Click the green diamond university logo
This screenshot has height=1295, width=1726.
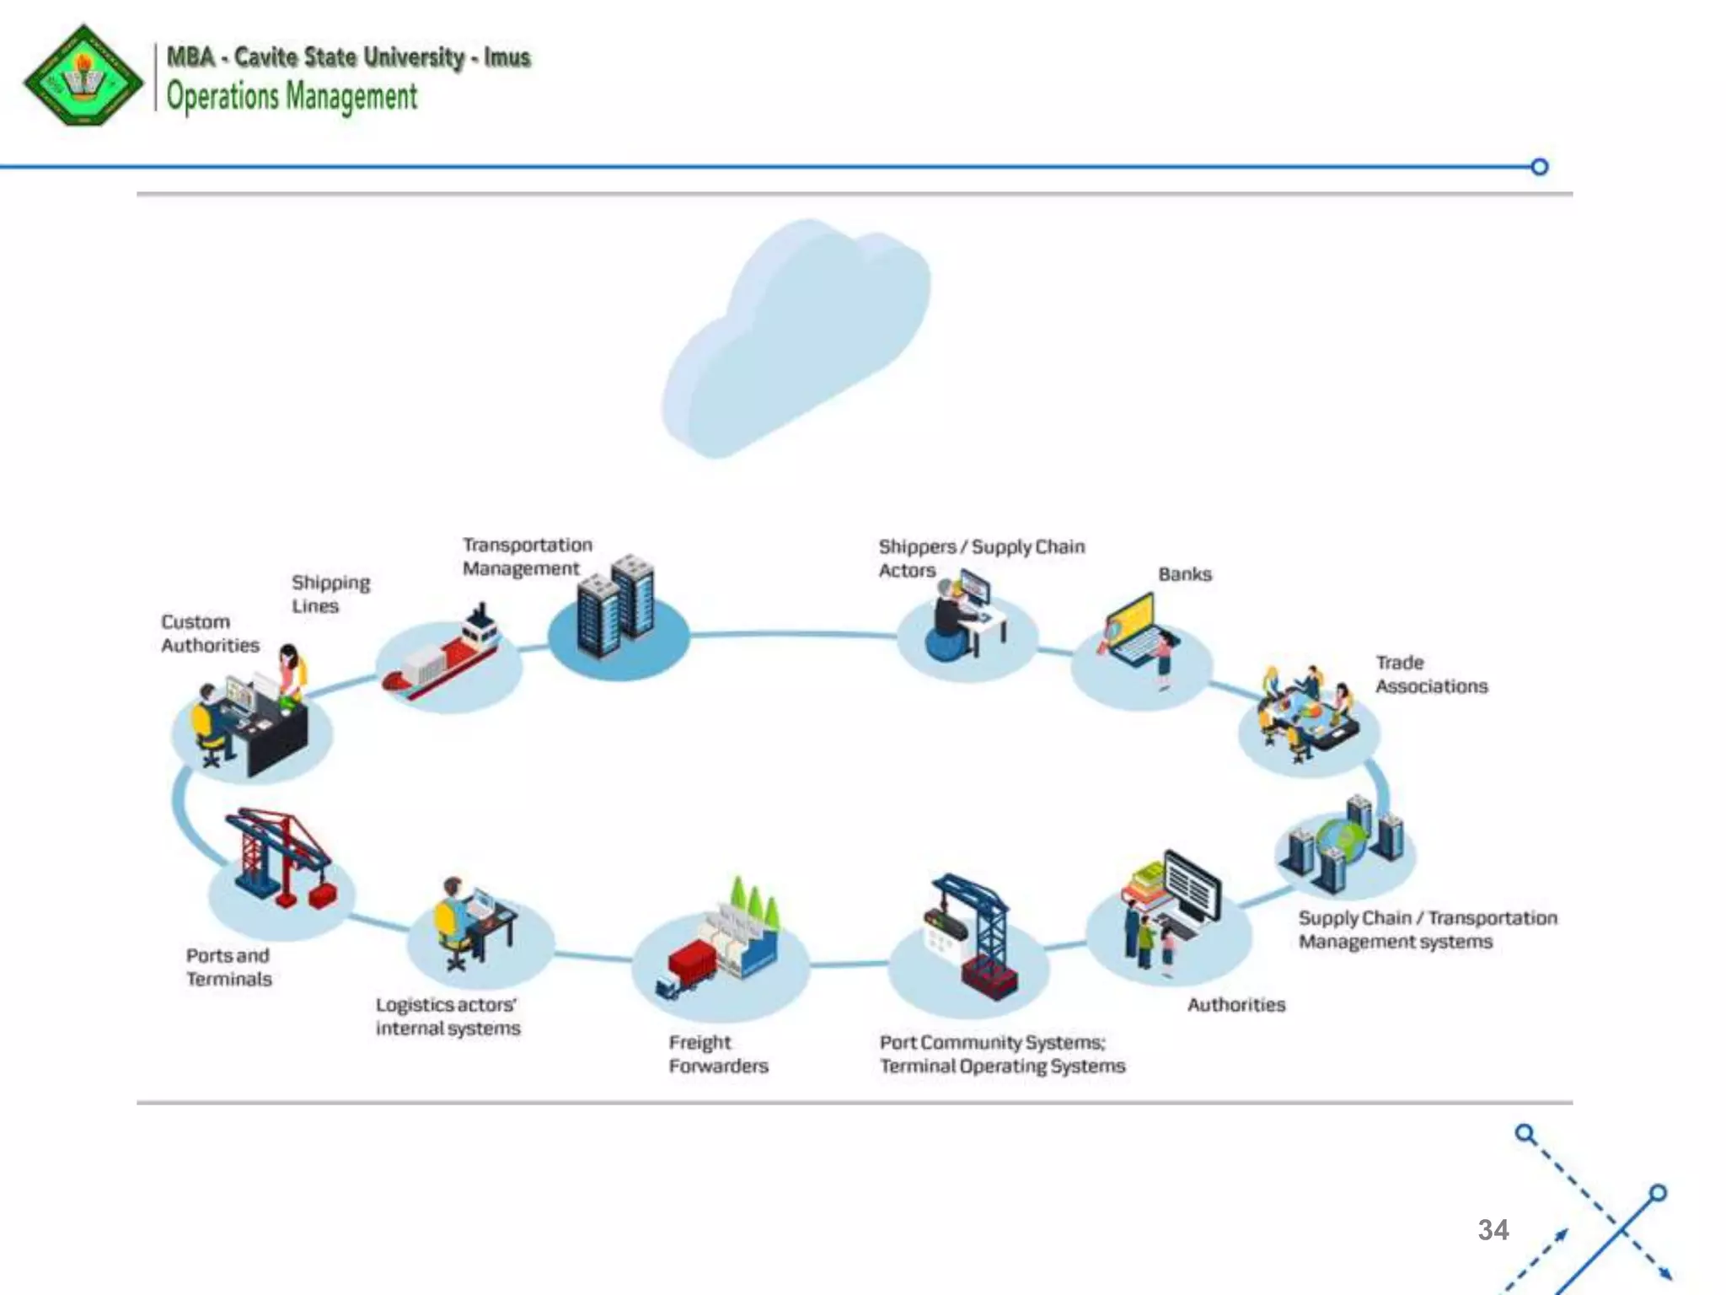(x=83, y=76)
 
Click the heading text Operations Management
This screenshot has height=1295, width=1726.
(x=292, y=96)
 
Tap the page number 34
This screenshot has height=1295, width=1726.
(x=1493, y=1229)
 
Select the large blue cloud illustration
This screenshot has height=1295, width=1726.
(x=796, y=337)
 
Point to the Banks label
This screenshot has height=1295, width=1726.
(x=1184, y=574)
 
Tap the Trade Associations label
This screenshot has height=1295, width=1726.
(x=1431, y=674)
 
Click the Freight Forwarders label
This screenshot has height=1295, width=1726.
(x=718, y=1054)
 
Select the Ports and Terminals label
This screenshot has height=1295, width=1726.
(x=228, y=967)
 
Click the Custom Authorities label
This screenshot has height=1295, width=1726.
(x=210, y=633)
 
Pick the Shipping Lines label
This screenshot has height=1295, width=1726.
(x=330, y=594)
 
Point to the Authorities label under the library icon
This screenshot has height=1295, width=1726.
(x=1236, y=1004)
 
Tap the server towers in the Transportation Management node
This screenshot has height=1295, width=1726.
(x=616, y=605)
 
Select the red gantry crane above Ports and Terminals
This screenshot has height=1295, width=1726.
(x=278, y=856)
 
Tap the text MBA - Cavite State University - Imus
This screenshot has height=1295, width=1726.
(x=348, y=57)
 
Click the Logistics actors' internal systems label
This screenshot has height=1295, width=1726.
(x=448, y=1016)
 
